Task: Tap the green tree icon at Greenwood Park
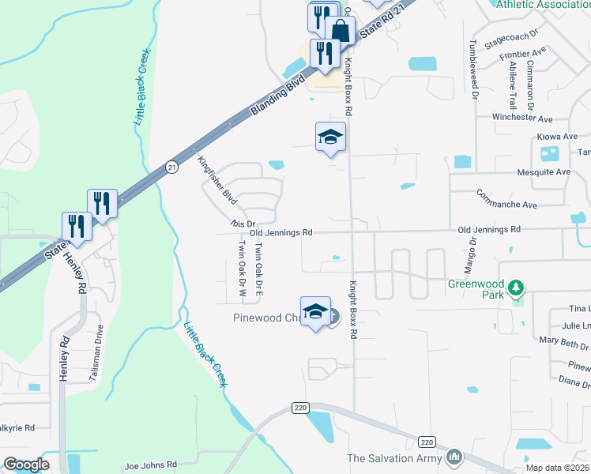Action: point(517,285)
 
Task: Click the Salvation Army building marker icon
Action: point(454,457)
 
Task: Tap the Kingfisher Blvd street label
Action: point(216,181)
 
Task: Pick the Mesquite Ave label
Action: point(542,171)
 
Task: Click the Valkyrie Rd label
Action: point(17,428)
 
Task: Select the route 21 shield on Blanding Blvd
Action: point(171,166)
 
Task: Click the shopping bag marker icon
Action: point(341,32)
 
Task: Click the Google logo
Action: point(27,465)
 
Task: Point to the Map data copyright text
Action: point(558,468)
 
